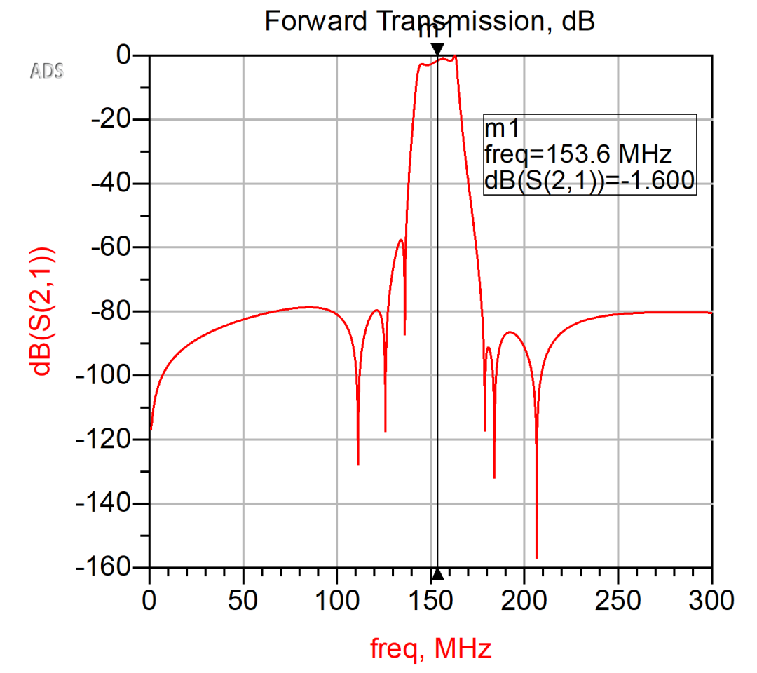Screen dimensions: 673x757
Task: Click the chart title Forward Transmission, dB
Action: tap(429, 21)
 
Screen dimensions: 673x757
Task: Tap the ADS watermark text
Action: tap(46, 70)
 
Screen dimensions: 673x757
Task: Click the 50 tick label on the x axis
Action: tap(243, 601)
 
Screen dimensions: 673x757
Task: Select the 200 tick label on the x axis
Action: tap(524, 601)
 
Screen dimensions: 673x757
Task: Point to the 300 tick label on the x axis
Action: tap(711, 601)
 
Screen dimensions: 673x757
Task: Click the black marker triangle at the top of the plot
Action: tap(437, 49)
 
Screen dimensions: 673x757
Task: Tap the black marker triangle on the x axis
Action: tap(437, 574)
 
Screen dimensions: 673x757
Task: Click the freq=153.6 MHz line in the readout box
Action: tap(579, 154)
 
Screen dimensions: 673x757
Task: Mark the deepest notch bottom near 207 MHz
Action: tap(536, 558)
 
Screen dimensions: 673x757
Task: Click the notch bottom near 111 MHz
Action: tap(358, 464)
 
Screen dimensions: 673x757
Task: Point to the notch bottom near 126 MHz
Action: tap(385, 431)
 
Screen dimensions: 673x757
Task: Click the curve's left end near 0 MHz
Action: tap(151, 429)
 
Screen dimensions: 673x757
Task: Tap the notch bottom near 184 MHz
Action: tap(494, 477)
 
